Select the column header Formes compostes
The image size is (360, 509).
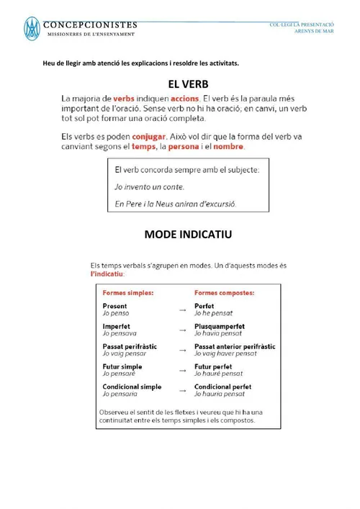[x=224, y=293]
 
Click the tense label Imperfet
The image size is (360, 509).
[x=116, y=326]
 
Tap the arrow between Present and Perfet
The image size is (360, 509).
[x=182, y=310]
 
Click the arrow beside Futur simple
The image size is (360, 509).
[x=182, y=370]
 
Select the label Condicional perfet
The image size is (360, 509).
[x=223, y=387]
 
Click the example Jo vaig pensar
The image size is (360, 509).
[x=125, y=354]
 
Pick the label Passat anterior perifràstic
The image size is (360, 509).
[x=235, y=346]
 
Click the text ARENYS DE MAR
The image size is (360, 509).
[x=315, y=31]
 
